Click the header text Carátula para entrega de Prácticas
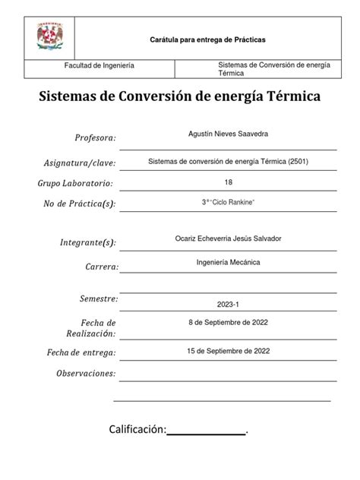(207, 39)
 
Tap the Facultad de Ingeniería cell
(99, 66)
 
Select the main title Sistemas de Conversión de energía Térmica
(180, 98)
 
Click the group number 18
(229, 182)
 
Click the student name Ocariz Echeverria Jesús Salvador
(228, 238)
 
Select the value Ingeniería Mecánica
(228, 262)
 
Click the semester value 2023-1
(228, 305)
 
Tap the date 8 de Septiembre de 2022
(228, 322)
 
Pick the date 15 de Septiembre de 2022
(228, 350)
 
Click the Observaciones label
(86, 374)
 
